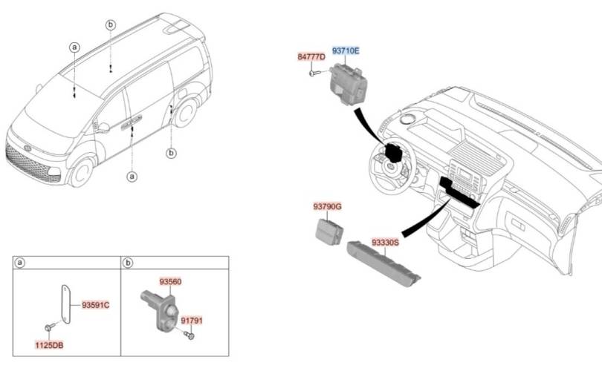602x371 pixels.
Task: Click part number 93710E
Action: [345, 51]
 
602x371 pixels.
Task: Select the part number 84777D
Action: [311, 57]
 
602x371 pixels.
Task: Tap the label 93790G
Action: [327, 209]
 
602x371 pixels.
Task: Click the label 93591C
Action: [96, 305]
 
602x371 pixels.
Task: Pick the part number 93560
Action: [170, 282]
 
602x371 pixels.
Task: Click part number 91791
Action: [192, 321]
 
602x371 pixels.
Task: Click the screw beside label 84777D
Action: [313, 72]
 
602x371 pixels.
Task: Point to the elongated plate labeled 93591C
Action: [65, 304]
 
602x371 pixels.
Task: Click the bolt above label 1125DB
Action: [49, 327]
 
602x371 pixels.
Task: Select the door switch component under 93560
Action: [161, 306]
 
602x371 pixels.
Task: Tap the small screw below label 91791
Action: [190, 337]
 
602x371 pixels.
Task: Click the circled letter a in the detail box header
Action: [21, 263]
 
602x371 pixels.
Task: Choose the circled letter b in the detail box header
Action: [129, 263]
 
